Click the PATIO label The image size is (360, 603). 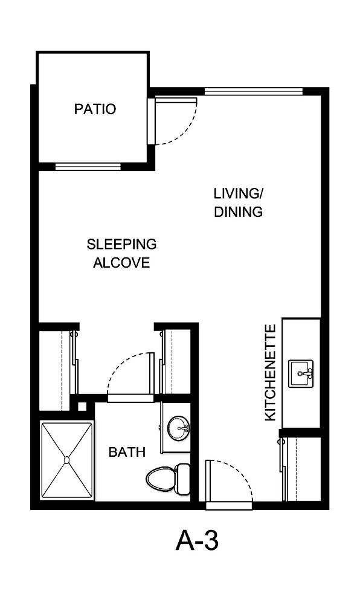click(x=95, y=109)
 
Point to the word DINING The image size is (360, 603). click(x=239, y=212)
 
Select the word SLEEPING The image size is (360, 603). click(x=121, y=245)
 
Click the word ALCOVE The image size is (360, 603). click(x=121, y=263)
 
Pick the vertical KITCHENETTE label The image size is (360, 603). click(x=271, y=373)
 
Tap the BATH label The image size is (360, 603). click(x=127, y=451)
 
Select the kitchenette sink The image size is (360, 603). click(x=301, y=373)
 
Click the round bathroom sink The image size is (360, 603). click(x=178, y=429)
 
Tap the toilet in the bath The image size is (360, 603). click(x=161, y=479)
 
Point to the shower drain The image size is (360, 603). click(x=66, y=460)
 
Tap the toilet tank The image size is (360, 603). click(x=183, y=479)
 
